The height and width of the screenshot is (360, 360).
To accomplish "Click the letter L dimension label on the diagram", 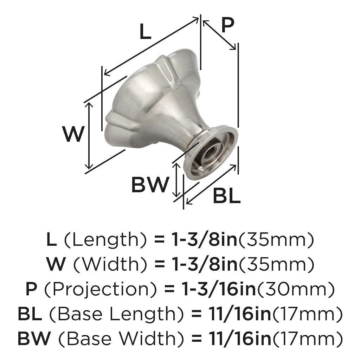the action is pos(145,31).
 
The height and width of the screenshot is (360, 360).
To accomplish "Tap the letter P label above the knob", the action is pos(227,25).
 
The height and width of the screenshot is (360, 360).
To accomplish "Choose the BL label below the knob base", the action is pos(227,195).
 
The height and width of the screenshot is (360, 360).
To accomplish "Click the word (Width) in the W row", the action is pos(110,264).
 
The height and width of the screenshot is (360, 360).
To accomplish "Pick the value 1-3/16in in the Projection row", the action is pos(218,289).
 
